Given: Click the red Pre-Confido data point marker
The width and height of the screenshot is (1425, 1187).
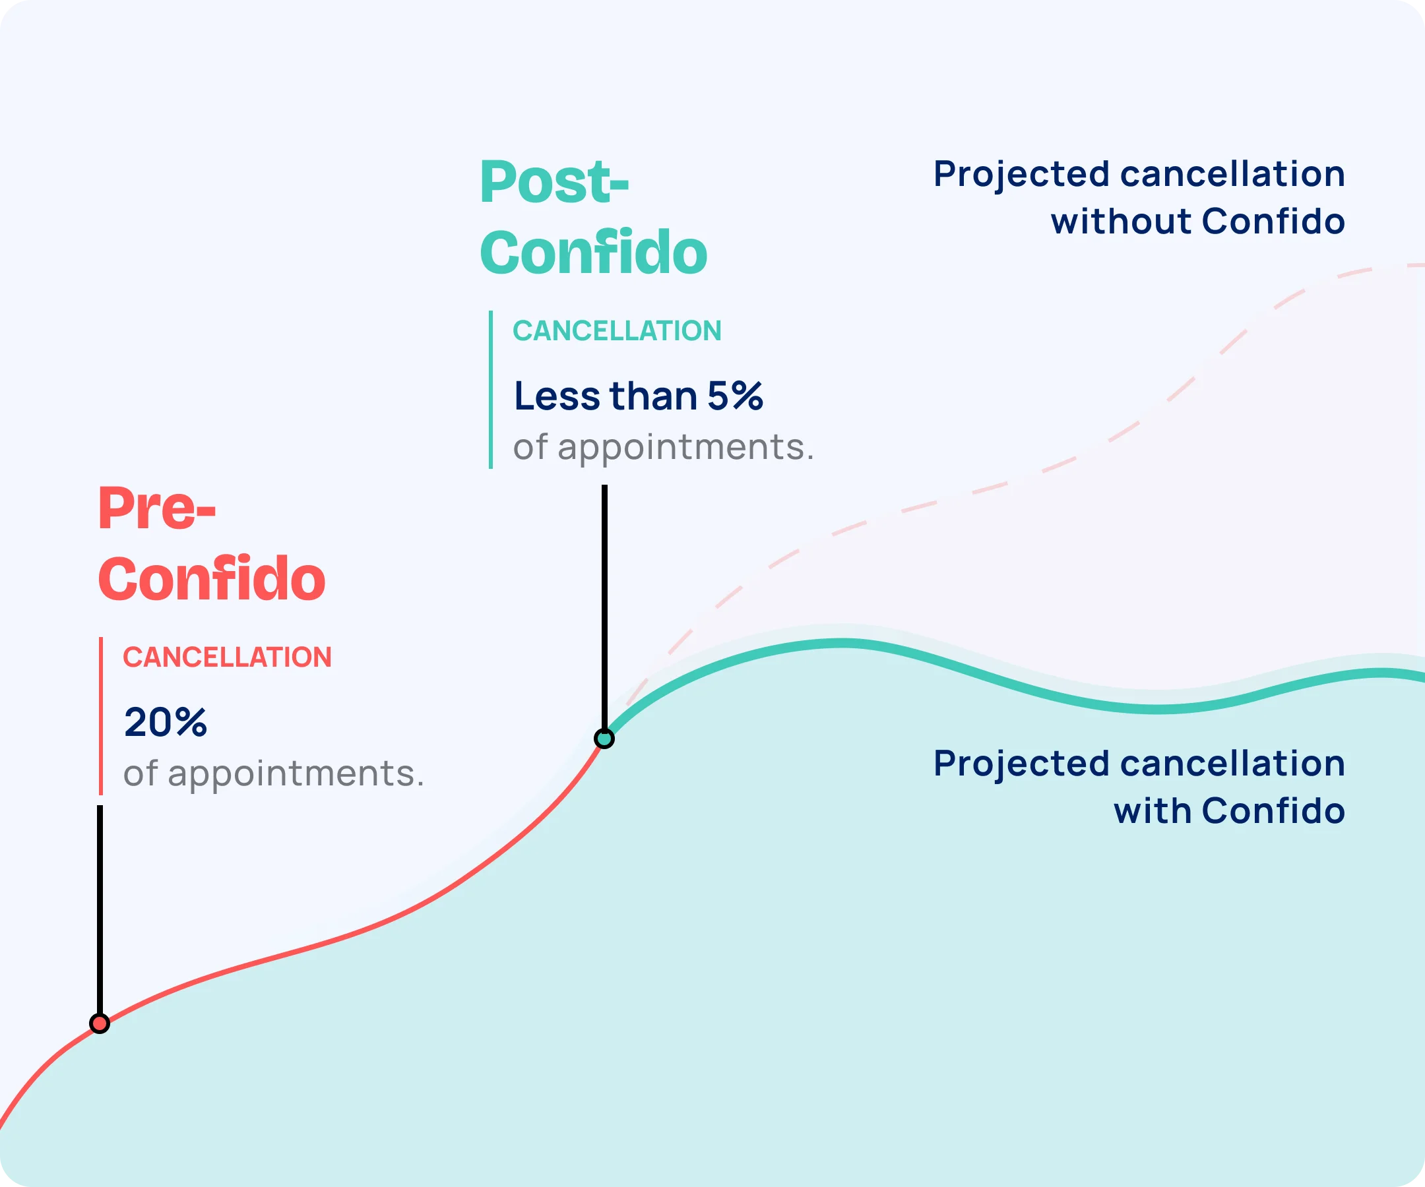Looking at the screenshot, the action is (x=100, y=1023).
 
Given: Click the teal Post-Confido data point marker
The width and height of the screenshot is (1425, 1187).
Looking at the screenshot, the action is (x=604, y=738).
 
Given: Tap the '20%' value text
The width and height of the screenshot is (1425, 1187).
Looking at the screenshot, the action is (x=166, y=721).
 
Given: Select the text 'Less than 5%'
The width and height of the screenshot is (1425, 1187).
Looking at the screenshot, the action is (x=639, y=396).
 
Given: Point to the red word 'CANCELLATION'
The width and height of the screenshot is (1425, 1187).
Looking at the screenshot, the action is (x=228, y=657).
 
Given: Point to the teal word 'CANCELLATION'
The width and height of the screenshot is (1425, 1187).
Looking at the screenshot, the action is (x=617, y=331).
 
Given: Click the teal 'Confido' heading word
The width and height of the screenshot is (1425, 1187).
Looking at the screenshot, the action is (x=594, y=253).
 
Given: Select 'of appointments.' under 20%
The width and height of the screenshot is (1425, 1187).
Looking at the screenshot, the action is (x=274, y=774).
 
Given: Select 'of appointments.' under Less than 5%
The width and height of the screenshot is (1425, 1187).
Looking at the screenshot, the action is (x=664, y=448).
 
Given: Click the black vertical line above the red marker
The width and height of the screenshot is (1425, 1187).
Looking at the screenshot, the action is (x=100, y=909).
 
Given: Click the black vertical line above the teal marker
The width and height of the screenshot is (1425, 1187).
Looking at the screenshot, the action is (x=604, y=607).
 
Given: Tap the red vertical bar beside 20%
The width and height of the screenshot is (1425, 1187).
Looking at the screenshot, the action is (x=100, y=715).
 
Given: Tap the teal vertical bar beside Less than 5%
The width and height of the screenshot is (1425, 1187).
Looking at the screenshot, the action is (x=491, y=389).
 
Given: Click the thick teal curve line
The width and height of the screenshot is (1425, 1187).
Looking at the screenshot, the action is (x=1018, y=685).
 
